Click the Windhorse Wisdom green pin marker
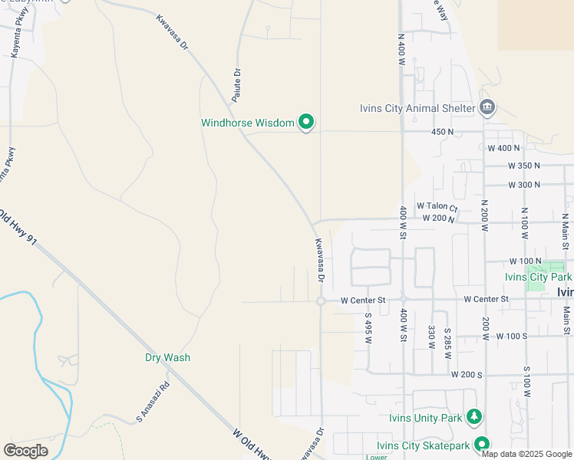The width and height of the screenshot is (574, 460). (x=306, y=122)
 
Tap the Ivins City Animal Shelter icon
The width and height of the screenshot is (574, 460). (x=487, y=107)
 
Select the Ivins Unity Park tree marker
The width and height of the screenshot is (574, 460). (x=474, y=417)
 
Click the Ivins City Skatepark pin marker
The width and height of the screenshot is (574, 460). (x=482, y=444)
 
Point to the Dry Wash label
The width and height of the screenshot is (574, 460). (x=167, y=357)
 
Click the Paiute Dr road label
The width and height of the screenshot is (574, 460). (x=237, y=85)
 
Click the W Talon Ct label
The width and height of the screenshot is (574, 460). (x=437, y=206)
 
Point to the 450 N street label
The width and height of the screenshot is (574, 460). (x=443, y=132)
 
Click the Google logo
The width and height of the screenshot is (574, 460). (x=25, y=451)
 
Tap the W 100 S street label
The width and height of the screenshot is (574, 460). (x=512, y=336)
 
